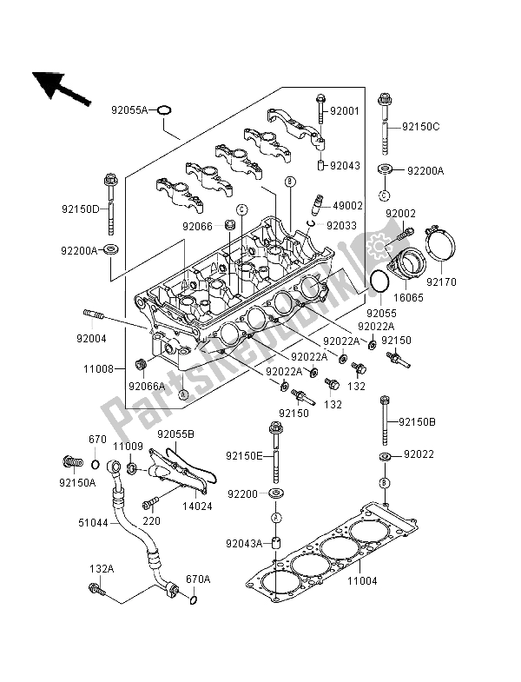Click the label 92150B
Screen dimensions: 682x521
pos(419,422)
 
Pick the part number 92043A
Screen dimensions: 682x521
pos(242,544)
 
